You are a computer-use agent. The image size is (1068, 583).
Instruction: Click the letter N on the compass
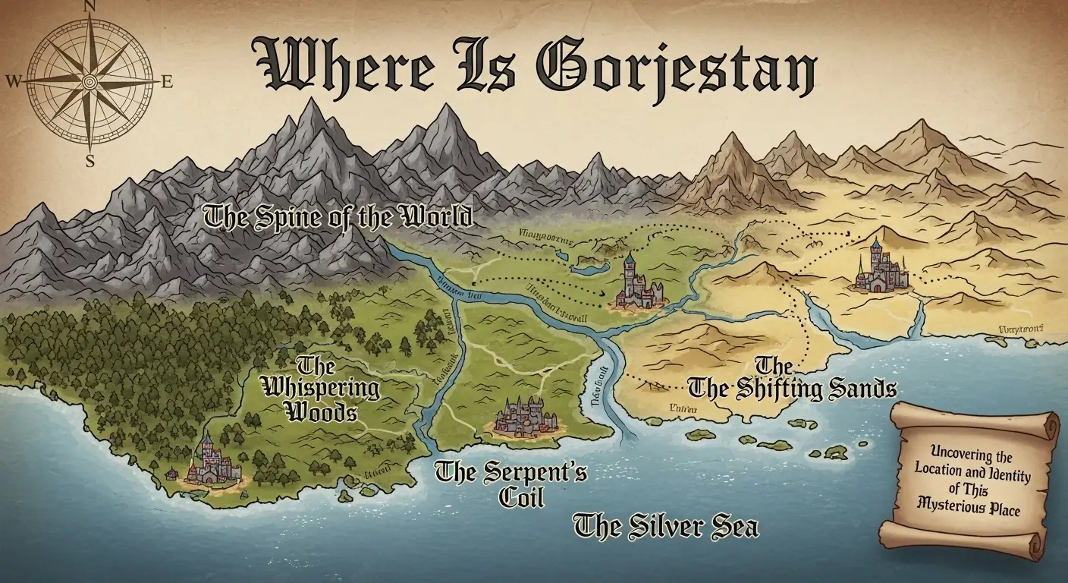click(89, 6)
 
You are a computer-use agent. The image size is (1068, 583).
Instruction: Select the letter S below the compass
click(90, 160)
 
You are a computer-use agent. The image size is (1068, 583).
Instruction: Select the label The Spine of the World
click(338, 216)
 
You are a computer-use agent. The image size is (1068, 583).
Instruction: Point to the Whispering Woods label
click(320, 389)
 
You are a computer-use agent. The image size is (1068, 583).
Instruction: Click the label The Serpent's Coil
click(511, 484)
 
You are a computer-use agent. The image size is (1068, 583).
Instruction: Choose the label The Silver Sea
click(666, 526)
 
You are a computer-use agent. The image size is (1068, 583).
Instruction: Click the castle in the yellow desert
click(880, 269)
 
